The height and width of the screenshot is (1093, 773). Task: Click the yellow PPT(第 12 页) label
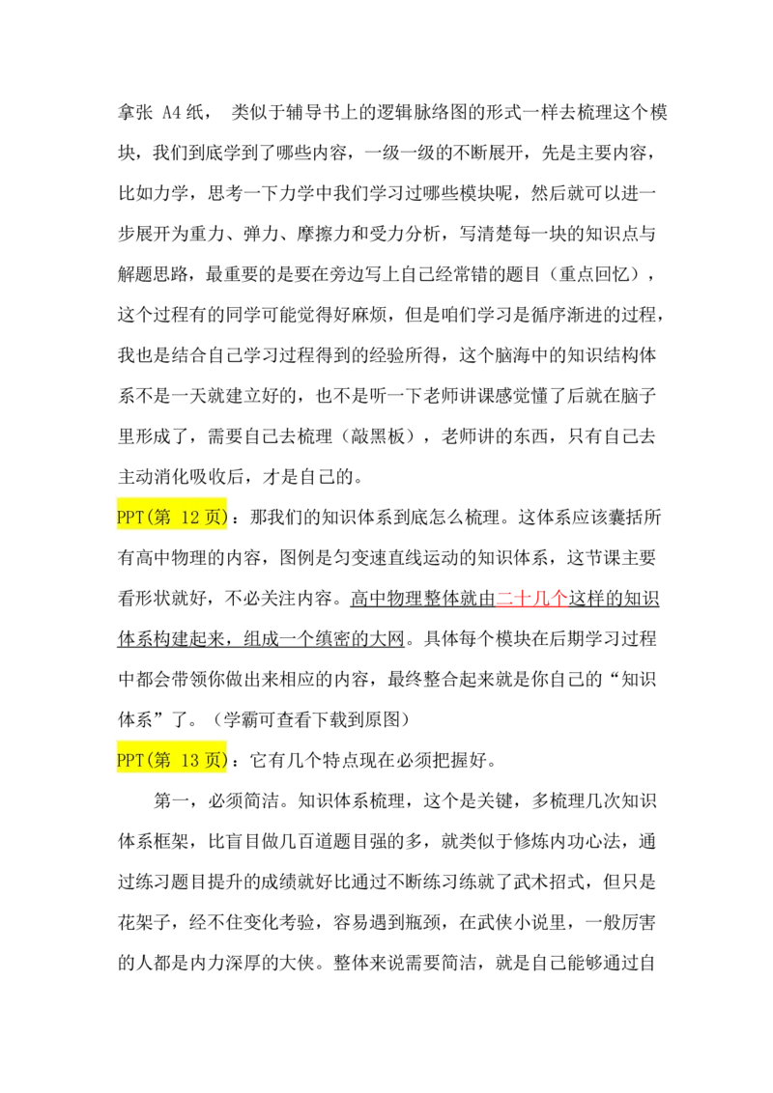(x=170, y=518)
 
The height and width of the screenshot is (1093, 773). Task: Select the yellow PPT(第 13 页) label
(x=170, y=760)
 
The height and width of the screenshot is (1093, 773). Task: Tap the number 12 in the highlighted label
(x=190, y=518)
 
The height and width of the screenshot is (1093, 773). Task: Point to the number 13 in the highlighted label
(x=190, y=760)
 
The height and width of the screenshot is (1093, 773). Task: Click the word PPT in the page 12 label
(x=129, y=518)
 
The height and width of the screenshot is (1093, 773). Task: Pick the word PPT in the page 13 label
(x=129, y=760)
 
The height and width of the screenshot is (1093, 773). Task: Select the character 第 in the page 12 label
(x=161, y=518)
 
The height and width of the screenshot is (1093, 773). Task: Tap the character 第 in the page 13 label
(x=161, y=760)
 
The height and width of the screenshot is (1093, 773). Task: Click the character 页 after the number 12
(x=215, y=518)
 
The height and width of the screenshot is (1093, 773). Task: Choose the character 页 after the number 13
(x=215, y=760)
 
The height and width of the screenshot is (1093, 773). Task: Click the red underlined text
(x=531, y=600)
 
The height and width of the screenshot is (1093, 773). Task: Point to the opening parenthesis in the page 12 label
(x=148, y=518)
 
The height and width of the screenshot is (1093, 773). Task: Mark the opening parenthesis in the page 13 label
(x=148, y=760)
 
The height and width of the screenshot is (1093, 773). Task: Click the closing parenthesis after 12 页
(x=226, y=518)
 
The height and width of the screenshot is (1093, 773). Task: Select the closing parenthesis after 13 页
(x=226, y=760)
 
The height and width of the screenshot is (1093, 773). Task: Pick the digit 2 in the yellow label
(x=194, y=518)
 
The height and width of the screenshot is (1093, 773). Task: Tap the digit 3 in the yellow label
(x=194, y=760)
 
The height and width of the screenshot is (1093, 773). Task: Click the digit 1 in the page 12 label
(x=186, y=518)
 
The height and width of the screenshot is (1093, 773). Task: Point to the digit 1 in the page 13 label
(x=186, y=760)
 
